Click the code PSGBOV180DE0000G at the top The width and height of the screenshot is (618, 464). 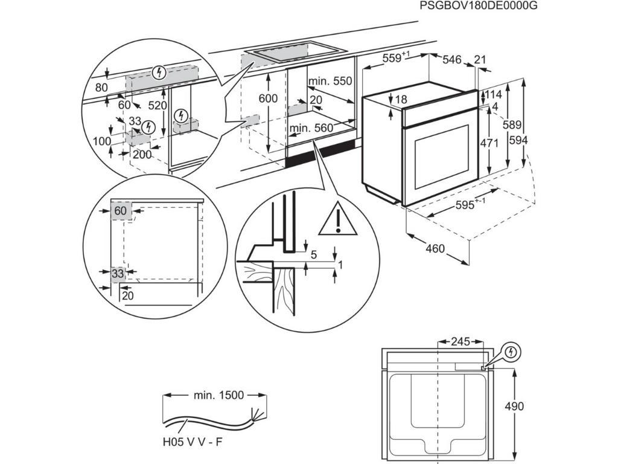point(477,6)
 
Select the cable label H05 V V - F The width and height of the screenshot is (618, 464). point(192,442)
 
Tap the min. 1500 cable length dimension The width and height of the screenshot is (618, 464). point(218,395)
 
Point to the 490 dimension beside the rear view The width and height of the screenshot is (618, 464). point(514,406)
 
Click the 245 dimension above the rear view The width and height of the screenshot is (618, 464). point(460,342)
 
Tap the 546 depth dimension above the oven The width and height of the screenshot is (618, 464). point(452,59)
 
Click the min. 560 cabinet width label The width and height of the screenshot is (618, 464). point(311,127)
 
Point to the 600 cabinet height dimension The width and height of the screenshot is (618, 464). point(268,98)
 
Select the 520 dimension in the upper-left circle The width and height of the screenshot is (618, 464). point(157,105)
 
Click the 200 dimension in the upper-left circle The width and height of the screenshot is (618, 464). point(142,154)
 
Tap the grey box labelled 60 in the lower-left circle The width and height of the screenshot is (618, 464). point(121,211)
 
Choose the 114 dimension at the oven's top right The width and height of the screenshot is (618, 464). point(494,94)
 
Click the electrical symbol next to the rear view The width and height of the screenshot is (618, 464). point(511,351)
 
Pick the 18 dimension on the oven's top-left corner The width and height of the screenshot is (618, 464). point(401,99)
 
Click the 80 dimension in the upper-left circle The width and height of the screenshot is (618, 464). point(101,87)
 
